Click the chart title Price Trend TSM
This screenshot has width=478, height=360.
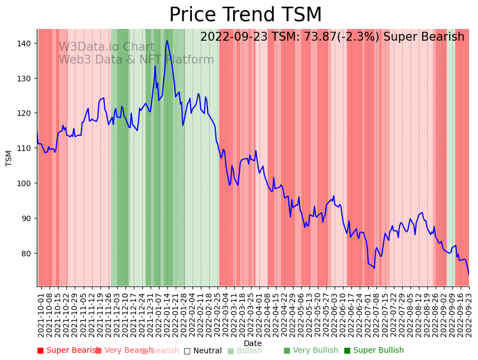click(x=245, y=15)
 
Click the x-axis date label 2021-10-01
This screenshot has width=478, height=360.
click(x=41, y=312)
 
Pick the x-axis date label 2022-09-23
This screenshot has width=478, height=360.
click(x=469, y=312)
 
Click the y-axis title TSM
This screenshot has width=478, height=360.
click(x=9, y=158)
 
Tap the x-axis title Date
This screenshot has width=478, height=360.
click(x=253, y=343)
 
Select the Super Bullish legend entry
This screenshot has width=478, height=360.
click(x=374, y=351)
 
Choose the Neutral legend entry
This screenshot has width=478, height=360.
click(x=203, y=351)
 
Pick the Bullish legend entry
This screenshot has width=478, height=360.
click(x=245, y=351)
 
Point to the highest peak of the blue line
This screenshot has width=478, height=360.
click(x=167, y=41)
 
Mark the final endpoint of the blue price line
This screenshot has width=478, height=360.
click(x=469, y=274)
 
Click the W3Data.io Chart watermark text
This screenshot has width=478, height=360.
click(x=106, y=47)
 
